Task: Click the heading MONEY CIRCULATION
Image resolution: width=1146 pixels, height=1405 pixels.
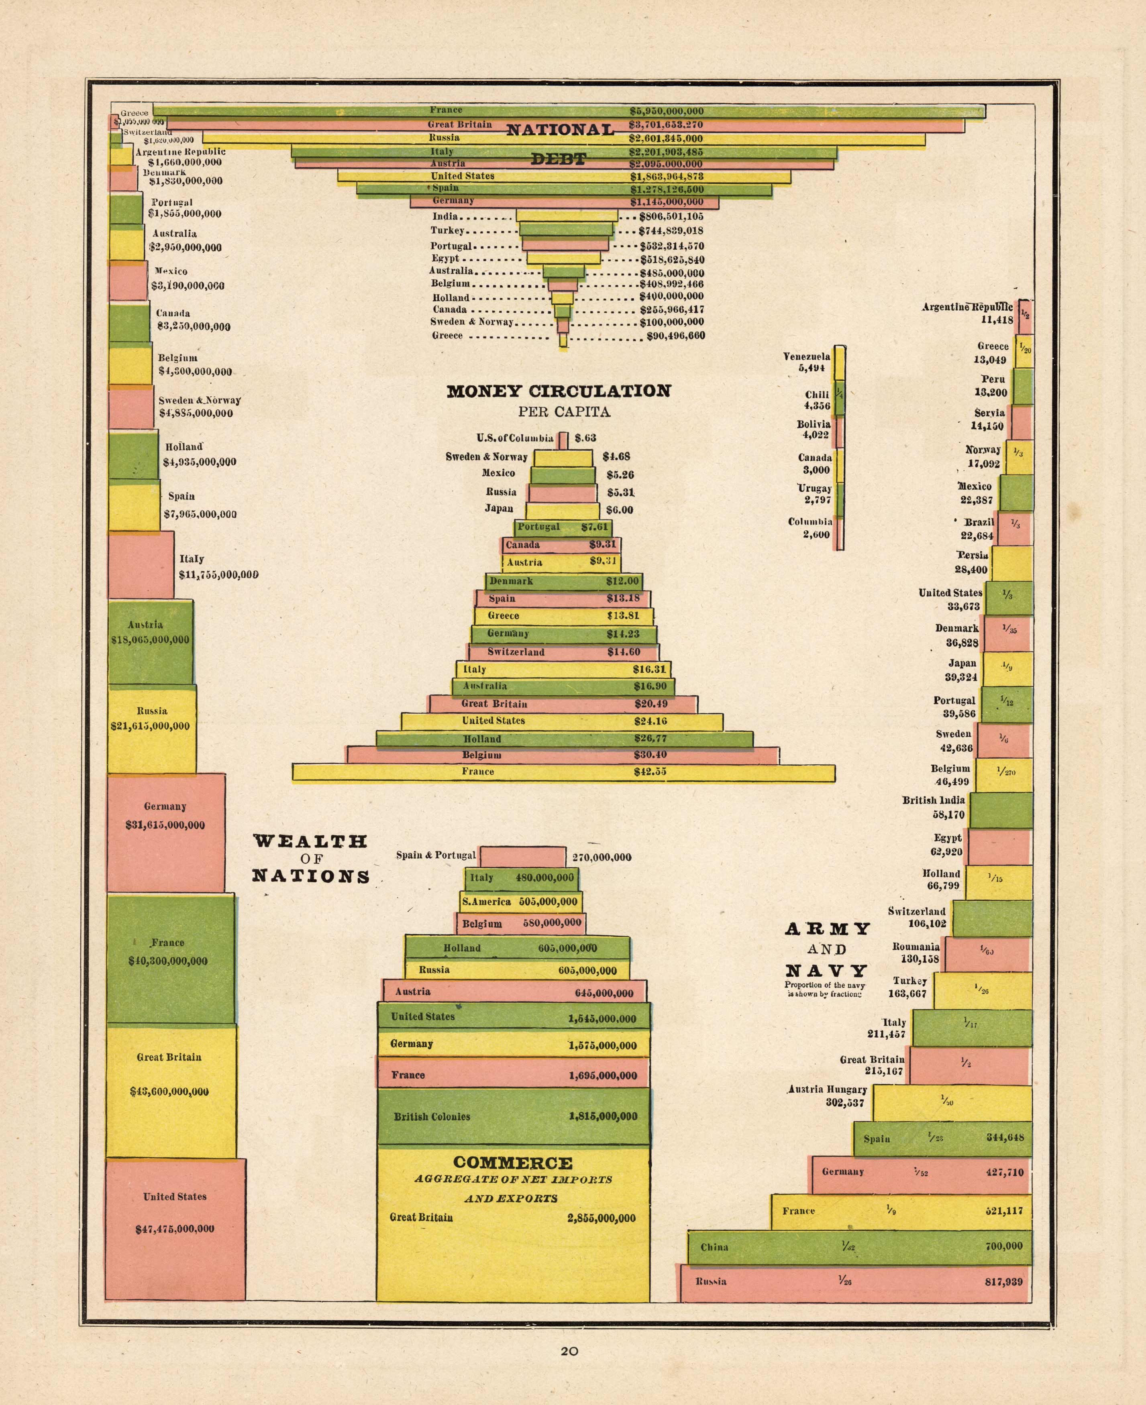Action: pos(559,391)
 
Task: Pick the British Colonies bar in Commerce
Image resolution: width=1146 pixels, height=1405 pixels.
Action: pos(514,1117)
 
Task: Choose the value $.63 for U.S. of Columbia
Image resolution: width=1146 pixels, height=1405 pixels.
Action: pos(585,438)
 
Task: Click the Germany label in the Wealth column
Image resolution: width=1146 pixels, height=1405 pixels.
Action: pos(165,806)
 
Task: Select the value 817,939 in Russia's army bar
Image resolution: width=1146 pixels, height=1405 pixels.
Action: pos(1003,1282)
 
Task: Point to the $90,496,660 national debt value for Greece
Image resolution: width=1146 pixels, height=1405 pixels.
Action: pos(672,336)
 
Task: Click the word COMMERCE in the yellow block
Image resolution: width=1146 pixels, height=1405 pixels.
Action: pos(513,1163)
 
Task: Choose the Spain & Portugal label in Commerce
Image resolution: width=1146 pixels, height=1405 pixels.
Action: pos(436,855)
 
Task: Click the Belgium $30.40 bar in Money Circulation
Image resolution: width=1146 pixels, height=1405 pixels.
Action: pos(563,755)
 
